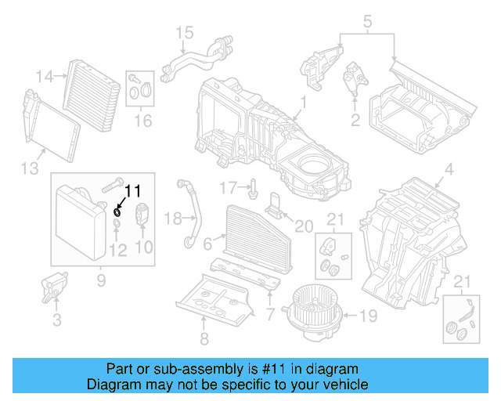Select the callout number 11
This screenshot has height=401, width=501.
tap(134, 190)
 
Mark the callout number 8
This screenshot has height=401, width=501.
tap(203, 339)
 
